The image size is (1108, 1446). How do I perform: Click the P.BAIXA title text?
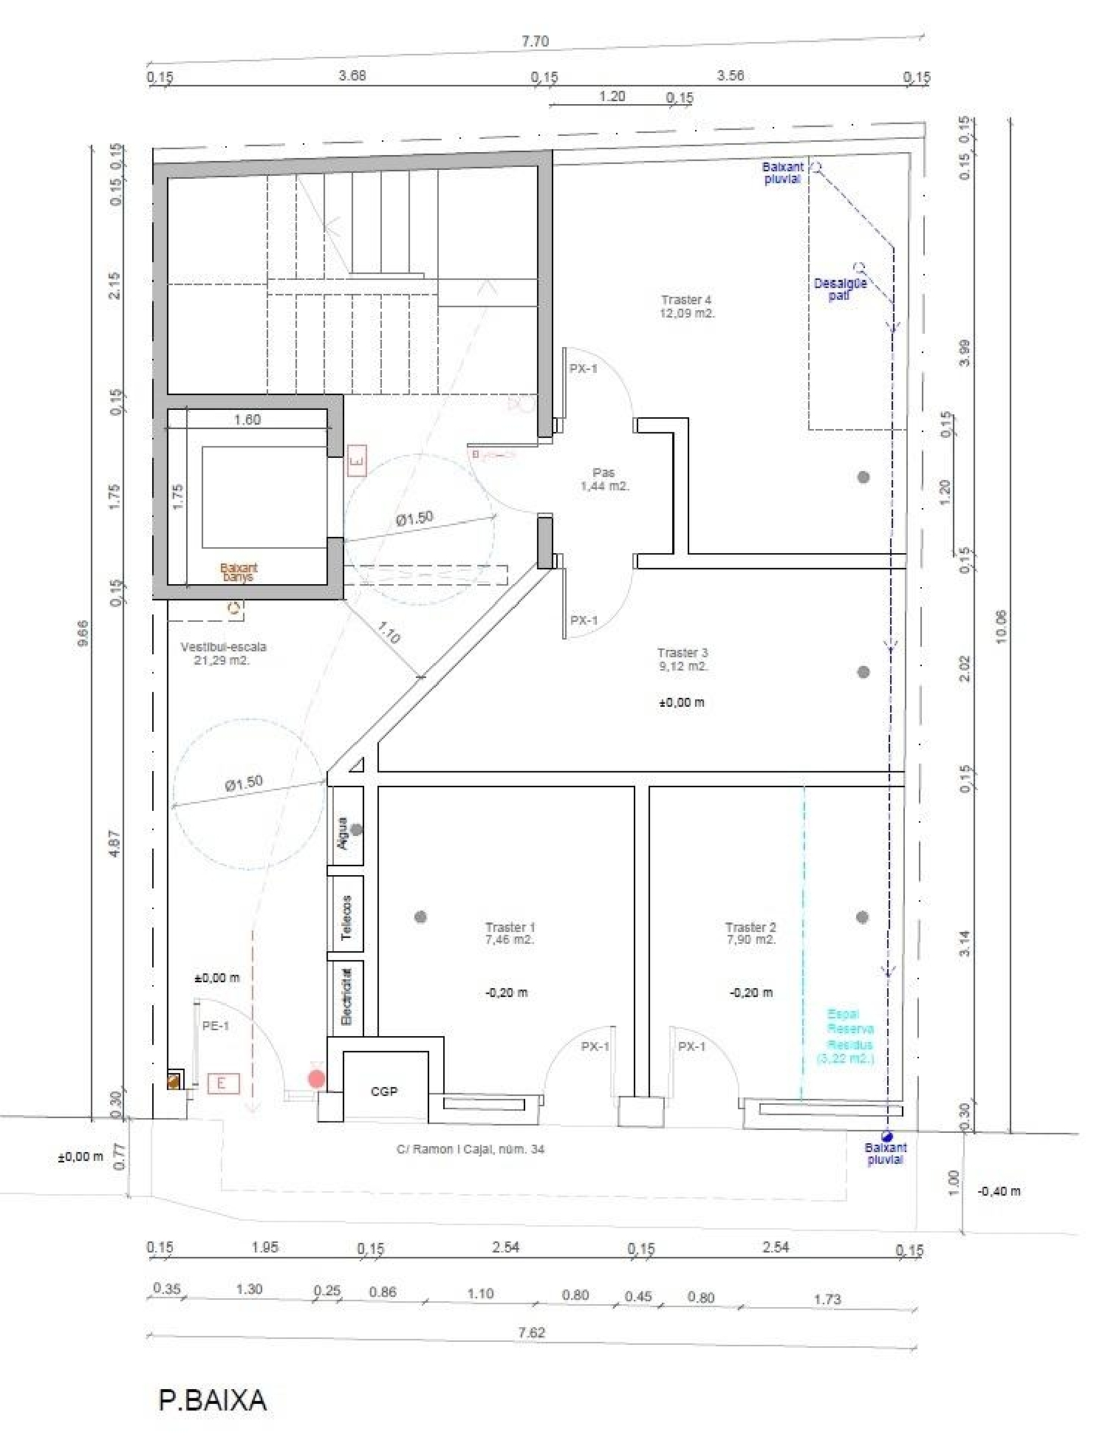click(x=212, y=1399)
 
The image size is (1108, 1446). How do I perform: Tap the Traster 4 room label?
click(x=687, y=306)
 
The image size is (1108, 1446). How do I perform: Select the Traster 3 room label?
click(x=683, y=659)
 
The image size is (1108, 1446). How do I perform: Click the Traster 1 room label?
click(x=510, y=933)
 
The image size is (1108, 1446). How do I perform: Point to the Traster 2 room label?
click(x=750, y=933)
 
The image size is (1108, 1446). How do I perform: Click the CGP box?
click(x=384, y=1091)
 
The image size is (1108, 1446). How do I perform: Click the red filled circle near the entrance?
click(x=316, y=1079)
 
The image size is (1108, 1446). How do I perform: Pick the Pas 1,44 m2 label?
click(x=604, y=479)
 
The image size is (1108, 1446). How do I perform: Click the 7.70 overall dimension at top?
click(x=535, y=41)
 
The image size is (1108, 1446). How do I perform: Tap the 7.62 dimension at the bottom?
click(x=531, y=1332)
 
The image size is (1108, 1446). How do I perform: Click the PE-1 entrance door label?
click(x=216, y=1026)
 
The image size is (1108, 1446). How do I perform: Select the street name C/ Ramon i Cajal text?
click(x=471, y=1149)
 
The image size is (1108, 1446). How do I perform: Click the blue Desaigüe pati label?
click(x=840, y=289)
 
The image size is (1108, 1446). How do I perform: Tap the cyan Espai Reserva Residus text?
click(x=848, y=1036)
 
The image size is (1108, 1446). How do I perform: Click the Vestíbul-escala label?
click(x=223, y=653)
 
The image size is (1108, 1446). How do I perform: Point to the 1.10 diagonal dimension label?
click(x=389, y=632)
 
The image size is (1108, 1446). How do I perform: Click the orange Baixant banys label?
click(x=239, y=572)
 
